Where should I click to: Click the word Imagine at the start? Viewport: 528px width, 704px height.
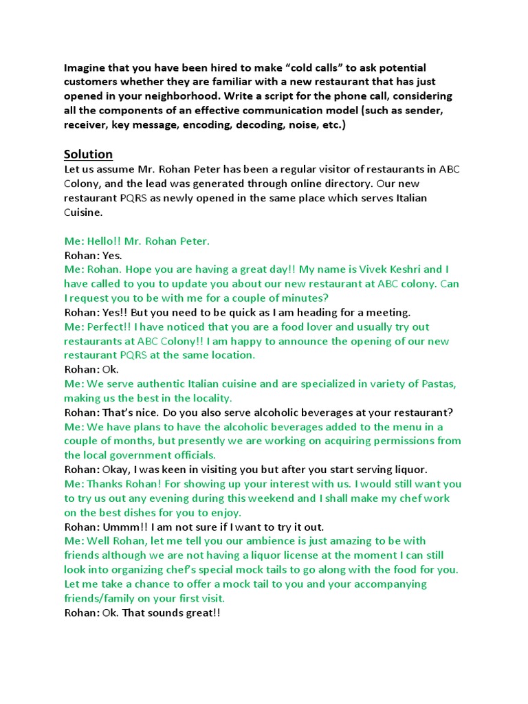(86, 68)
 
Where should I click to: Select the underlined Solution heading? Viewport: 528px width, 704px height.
(88, 153)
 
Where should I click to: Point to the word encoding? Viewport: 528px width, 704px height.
(215, 124)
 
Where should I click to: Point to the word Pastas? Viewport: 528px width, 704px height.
(437, 384)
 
